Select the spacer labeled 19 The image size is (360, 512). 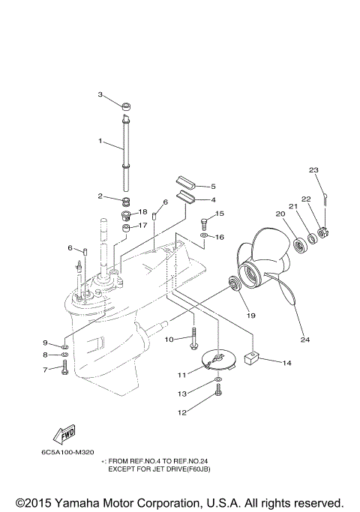point(234,284)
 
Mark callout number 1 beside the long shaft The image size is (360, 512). point(101,141)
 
